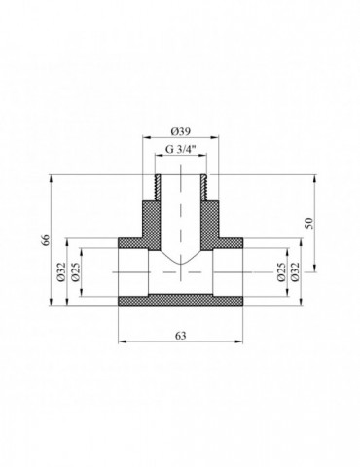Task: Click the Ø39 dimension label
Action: coord(179,131)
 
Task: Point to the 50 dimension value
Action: coord(309,224)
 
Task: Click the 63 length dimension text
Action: coord(180,334)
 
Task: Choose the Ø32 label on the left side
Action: coord(60,273)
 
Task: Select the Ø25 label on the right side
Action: coord(282,273)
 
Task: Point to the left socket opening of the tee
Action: coord(126,273)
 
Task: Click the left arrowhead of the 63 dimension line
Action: coord(122,341)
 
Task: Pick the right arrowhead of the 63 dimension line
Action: coord(239,341)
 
